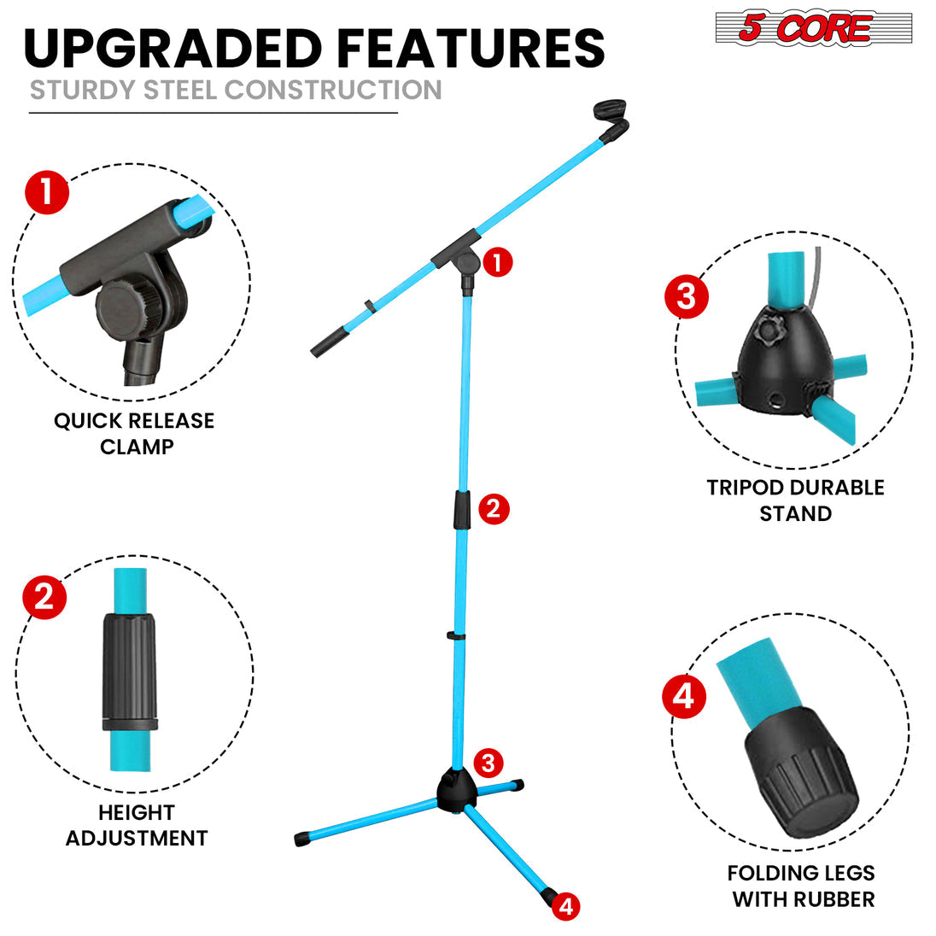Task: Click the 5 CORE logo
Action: coord(813,28)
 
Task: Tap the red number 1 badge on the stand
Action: coord(497,262)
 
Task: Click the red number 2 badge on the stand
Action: coord(493,509)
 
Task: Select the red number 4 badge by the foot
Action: coord(565,906)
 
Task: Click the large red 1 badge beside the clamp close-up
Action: coord(47,192)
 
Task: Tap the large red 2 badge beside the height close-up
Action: coord(44,595)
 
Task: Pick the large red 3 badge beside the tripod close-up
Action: coord(687,297)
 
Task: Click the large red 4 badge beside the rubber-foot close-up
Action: coord(684,696)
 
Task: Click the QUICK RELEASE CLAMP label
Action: coord(134,433)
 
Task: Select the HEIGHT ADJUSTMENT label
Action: coord(137,825)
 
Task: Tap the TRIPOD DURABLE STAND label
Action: coord(795,500)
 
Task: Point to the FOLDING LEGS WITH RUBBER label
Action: coord(802,886)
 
